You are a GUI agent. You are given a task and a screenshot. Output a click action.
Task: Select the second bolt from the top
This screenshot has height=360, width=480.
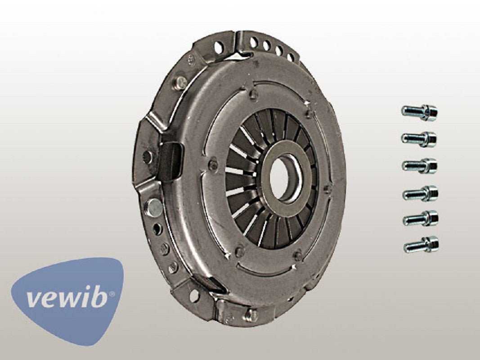click(x=419, y=139)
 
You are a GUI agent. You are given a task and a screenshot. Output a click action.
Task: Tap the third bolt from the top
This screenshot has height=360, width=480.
click(x=419, y=166)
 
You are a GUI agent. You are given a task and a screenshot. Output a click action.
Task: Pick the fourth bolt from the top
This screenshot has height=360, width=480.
click(x=420, y=193)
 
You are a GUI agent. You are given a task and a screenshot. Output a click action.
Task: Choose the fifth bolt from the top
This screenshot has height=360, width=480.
click(x=421, y=219)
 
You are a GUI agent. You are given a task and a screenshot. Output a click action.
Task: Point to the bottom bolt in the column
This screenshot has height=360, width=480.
click(x=421, y=245)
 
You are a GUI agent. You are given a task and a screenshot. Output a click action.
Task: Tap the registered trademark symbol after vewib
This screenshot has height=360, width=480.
click(x=112, y=294)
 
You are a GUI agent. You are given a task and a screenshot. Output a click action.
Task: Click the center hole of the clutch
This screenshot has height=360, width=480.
click(x=280, y=179)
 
